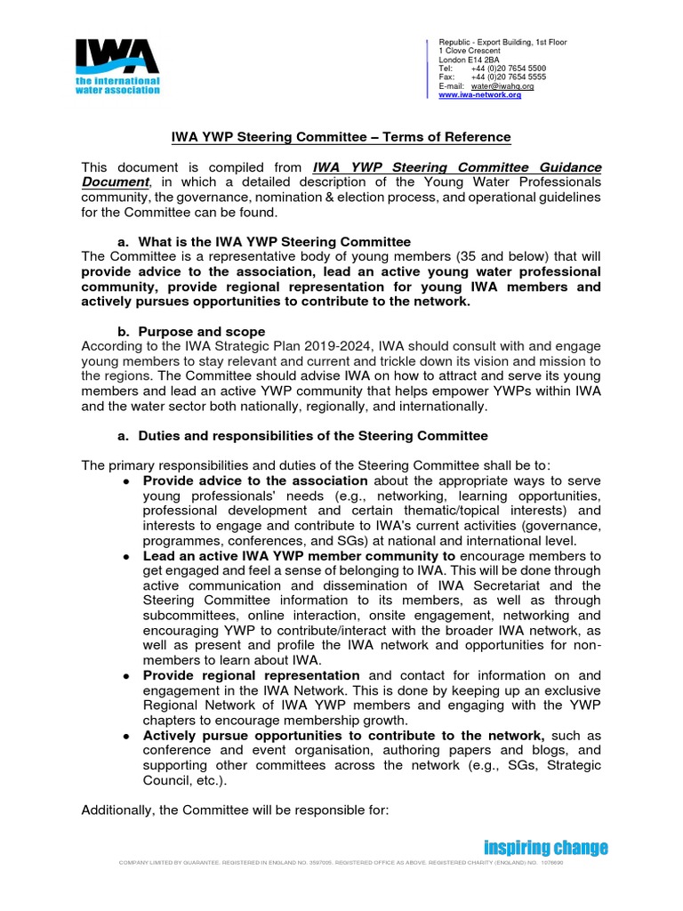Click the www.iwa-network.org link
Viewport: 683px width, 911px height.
pos(480,95)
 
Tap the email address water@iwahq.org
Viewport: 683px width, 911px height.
pos(502,86)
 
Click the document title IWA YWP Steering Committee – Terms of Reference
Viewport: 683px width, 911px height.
pos(341,137)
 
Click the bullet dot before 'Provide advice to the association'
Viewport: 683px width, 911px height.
pos(128,480)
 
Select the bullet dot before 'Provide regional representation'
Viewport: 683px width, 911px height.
pos(128,675)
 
